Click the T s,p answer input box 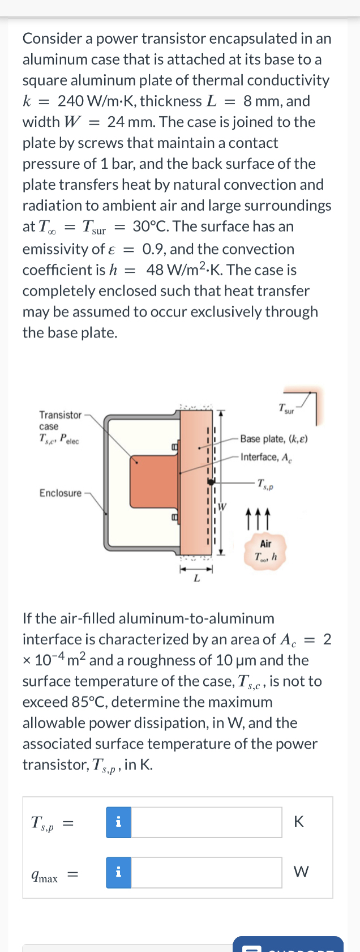206,822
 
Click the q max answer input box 206,872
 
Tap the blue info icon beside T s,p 118,822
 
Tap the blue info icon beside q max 118,872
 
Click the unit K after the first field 299,822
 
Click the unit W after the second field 301,872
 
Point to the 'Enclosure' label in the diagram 60,493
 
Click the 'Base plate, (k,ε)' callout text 274,439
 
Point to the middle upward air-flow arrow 258,516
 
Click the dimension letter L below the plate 196,578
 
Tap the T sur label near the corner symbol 286,408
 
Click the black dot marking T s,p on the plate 211,483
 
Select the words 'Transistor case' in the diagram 60,420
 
